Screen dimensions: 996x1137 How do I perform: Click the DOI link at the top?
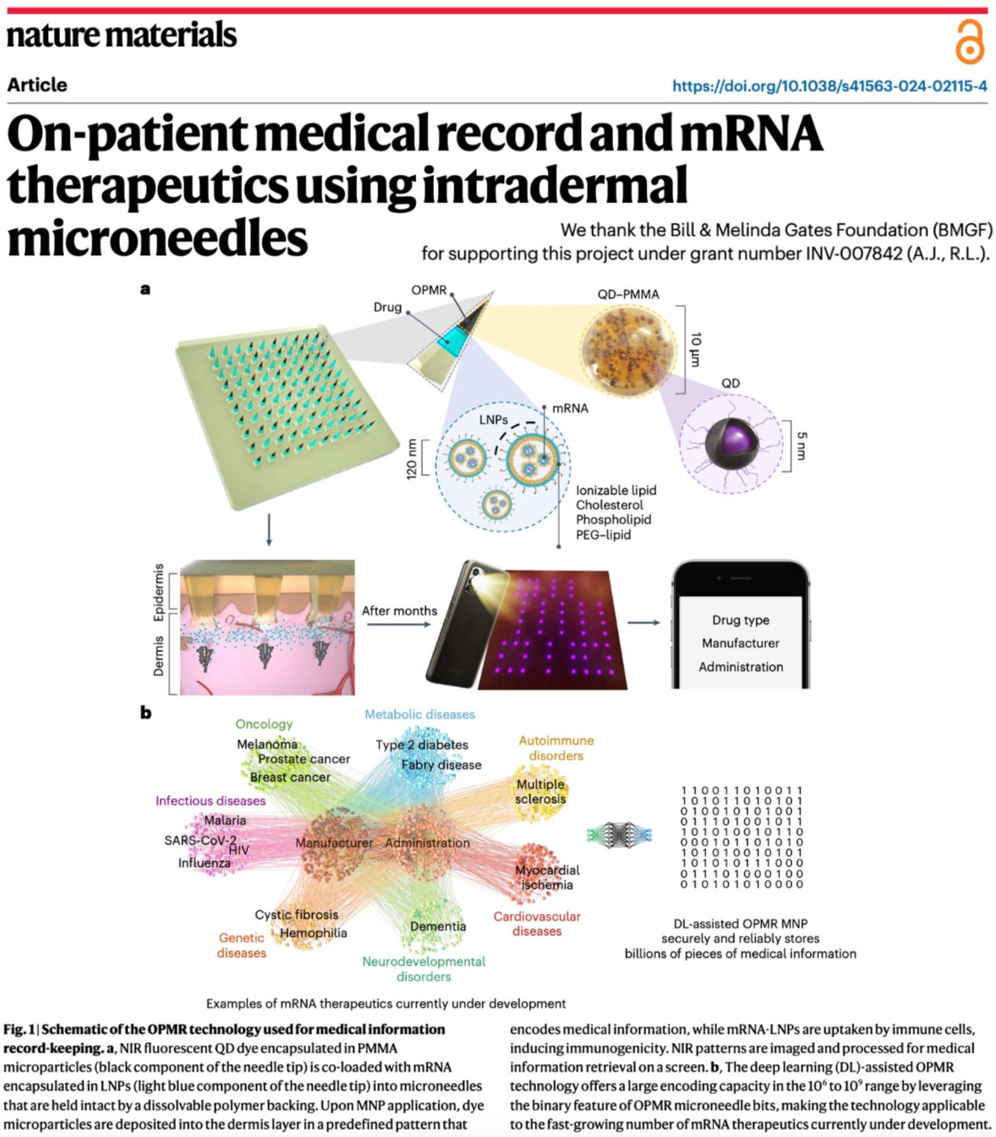pyautogui.click(x=829, y=86)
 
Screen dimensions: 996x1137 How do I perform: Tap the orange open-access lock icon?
pyautogui.click(x=968, y=42)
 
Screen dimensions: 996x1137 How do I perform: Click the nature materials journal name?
pyautogui.click(x=121, y=34)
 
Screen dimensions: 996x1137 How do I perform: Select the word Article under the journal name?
pyautogui.click(x=37, y=85)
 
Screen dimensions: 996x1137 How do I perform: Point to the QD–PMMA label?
pyautogui.click(x=628, y=294)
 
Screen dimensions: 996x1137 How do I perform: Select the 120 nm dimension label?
pyautogui.click(x=411, y=458)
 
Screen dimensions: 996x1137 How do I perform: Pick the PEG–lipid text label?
pyautogui.click(x=603, y=534)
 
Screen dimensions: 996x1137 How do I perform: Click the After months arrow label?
pyautogui.click(x=399, y=611)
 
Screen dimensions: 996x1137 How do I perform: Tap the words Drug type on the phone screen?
pyautogui.click(x=740, y=620)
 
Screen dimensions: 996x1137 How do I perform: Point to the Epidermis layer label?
pyautogui.click(x=159, y=592)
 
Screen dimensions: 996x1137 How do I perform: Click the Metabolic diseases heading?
pyautogui.click(x=419, y=714)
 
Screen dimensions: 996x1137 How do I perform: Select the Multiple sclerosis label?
pyautogui.click(x=540, y=791)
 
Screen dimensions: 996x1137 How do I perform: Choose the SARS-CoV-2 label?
pyautogui.click(x=199, y=840)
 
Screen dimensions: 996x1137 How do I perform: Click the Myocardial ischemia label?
pyautogui.click(x=547, y=877)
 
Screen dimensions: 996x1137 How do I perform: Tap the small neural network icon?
pyautogui.click(x=619, y=833)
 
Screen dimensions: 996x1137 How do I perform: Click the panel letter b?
pyautogui.click(x=146, y=713)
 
